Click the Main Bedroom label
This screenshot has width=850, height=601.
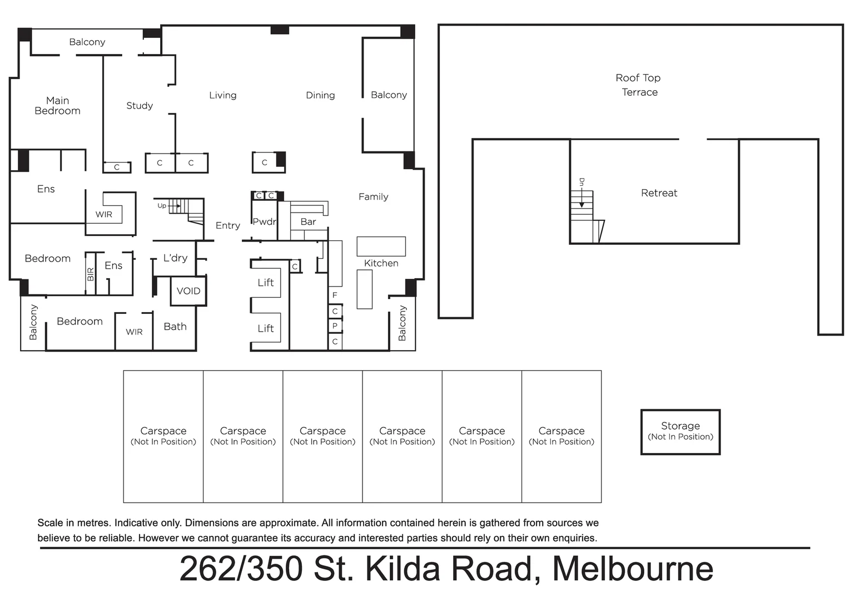[57, 106]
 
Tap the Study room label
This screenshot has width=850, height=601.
[140, 106]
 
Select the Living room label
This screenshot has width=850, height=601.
[222, 95]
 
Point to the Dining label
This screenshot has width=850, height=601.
[320, 95]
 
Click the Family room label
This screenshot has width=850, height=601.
[373, 196]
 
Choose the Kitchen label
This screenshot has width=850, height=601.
[381, 263]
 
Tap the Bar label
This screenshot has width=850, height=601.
[308, 221]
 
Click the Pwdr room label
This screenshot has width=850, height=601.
[264, 221]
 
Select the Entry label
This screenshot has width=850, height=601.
[227, 225]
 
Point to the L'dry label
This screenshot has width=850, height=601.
[175, 258]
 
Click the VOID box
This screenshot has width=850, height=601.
[188, 291]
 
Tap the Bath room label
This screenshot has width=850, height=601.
[175, 327]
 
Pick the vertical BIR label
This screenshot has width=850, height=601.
[91, 274]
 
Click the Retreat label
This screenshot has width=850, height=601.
[659, 193]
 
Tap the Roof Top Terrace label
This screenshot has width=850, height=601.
[638, 85]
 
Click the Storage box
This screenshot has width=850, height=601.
[680, 432]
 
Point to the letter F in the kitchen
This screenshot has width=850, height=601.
[335, 295]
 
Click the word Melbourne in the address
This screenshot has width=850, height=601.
[632, 569]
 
